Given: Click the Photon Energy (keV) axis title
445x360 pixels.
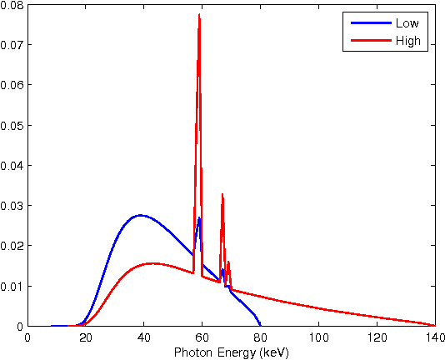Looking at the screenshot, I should [x=231, y=352].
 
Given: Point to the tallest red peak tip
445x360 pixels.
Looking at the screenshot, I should [x=199, y=15].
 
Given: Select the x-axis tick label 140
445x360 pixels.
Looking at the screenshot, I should [x=434, y=337].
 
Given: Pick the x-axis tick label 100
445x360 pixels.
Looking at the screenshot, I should [x=318, y=337].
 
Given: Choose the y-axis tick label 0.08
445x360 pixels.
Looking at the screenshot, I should [x=12, y=5].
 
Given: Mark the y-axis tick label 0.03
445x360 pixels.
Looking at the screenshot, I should [x=12, y=206].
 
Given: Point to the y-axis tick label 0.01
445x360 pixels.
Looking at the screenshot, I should [x=12, y=287].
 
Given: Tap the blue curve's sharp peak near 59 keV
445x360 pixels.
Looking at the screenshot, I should [x=199, y=218].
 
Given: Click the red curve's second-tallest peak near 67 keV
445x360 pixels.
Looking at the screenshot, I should [x=222, y=194].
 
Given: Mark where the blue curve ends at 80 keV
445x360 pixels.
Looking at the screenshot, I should [x=260, y=325].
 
